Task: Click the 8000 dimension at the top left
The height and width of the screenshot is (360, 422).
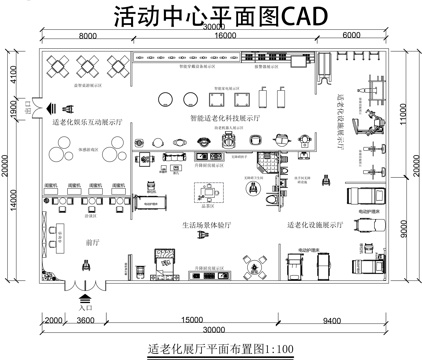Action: click(87, 36)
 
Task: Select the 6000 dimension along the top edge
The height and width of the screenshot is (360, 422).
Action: click(351, 36)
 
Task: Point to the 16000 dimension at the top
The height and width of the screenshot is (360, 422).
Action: click(224, 36)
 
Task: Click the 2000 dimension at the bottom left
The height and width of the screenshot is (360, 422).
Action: click(50, 321)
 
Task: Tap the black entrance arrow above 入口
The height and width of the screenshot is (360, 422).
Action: click(84, 298)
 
